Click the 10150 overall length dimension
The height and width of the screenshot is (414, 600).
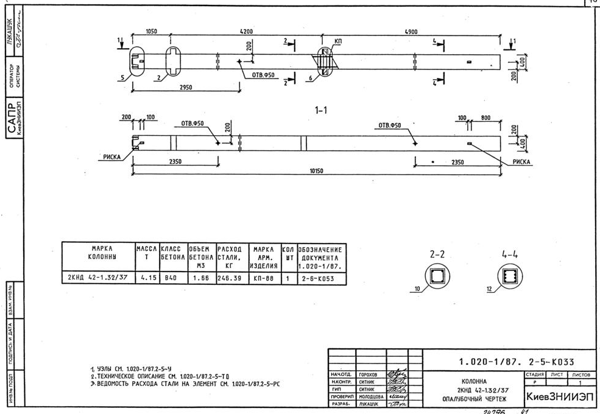(316, 171)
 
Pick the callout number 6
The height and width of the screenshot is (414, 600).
(310, 78)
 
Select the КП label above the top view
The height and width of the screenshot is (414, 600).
(338, 41)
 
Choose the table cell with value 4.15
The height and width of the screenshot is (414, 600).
(146, 278)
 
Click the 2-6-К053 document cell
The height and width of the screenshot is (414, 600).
(322, 278)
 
